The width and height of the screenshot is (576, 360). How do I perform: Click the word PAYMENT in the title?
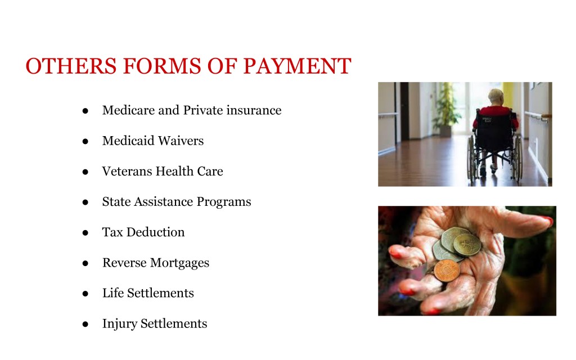point(297,66)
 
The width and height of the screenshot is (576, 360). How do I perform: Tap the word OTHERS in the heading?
point(71,66)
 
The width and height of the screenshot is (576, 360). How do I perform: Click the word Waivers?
point(181,141)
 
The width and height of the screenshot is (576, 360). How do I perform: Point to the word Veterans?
point(127,171)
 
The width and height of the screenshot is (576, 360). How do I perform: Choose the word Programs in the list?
point(224,202)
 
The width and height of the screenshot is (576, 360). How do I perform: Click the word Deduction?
point(155,232)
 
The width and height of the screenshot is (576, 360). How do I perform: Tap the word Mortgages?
point(179,263)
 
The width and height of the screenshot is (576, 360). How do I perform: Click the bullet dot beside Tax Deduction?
point(85,233)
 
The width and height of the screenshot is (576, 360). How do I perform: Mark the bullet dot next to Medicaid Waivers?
point(85,141)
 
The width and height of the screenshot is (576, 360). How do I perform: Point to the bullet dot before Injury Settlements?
point(85,325)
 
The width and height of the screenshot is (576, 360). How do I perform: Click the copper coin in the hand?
point(447,271)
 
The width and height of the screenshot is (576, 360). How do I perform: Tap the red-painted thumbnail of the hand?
point(547,220)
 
